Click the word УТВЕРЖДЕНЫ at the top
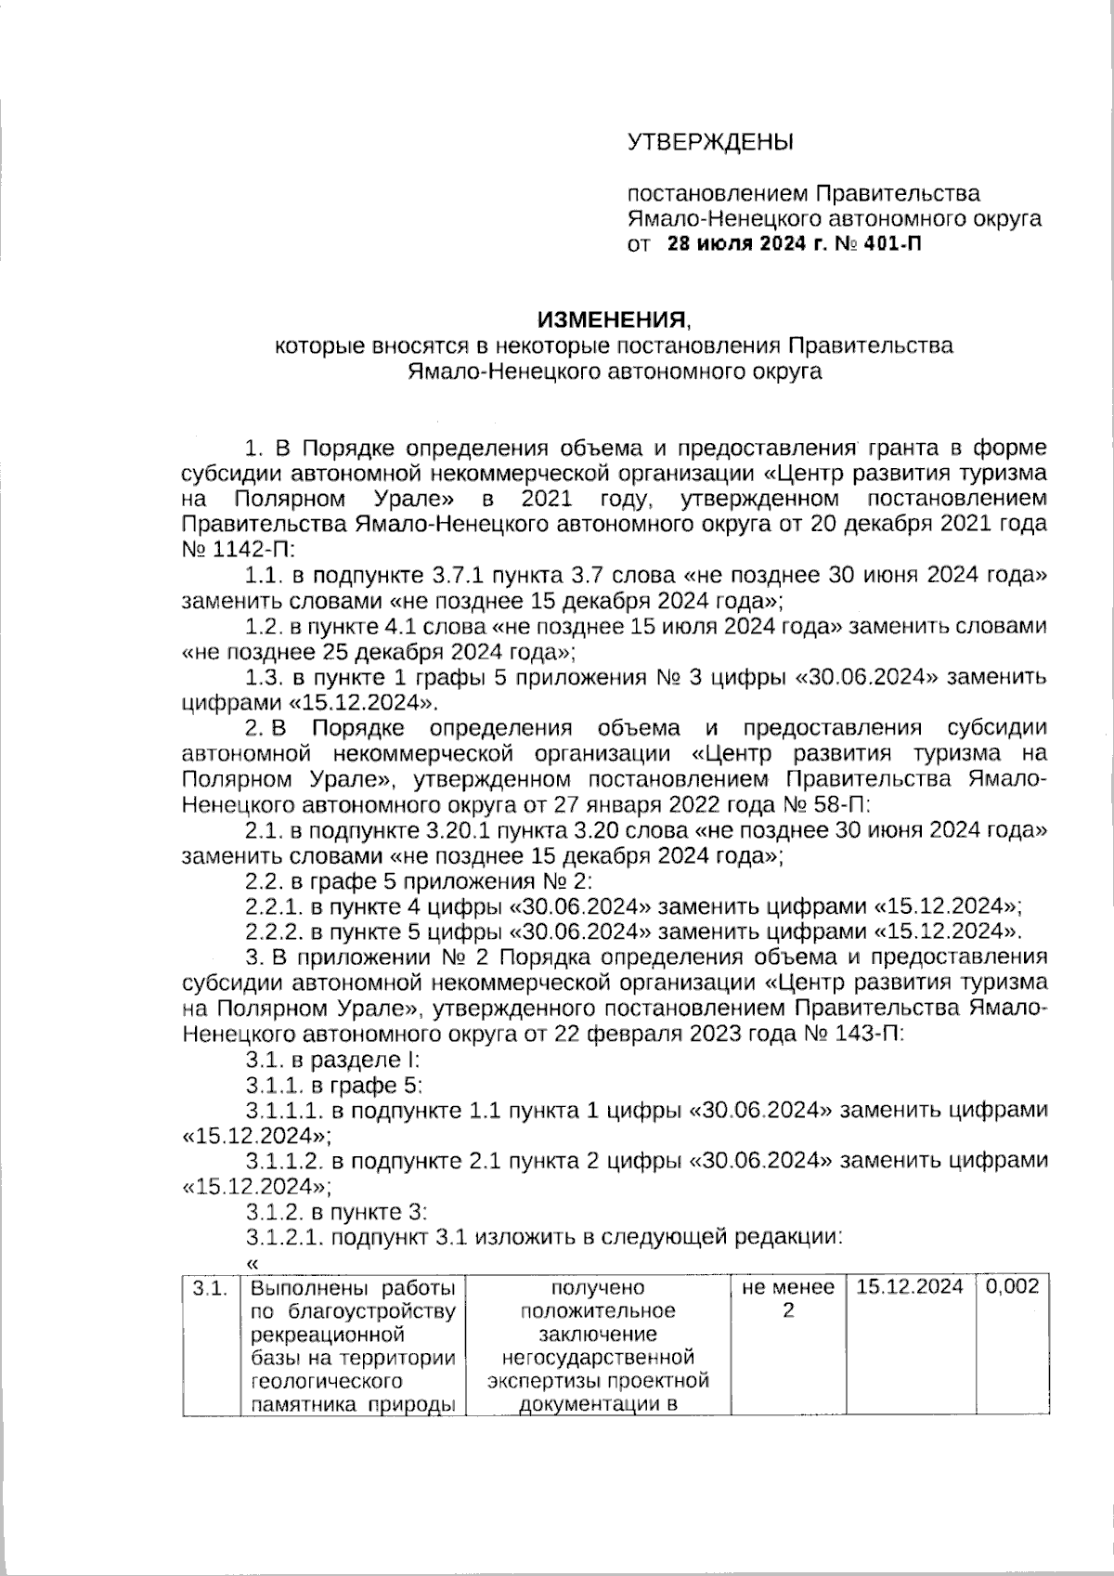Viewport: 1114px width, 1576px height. point(711,142)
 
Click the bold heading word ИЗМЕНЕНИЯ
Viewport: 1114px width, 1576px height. point(614,320)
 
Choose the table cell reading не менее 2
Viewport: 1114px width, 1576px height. point(788,1299)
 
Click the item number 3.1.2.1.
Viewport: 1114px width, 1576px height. point(284,1236)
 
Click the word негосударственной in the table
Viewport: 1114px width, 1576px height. point(597,1357)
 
